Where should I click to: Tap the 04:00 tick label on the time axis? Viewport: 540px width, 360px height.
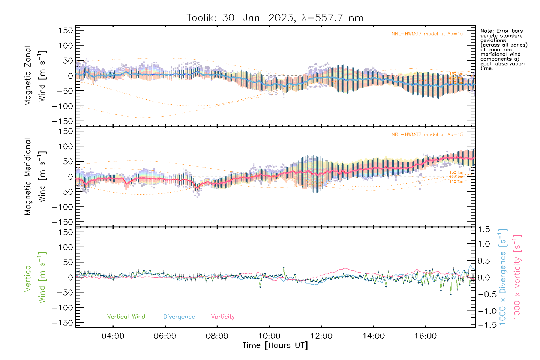(113, 336)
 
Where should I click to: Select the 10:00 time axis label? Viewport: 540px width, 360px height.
(269, 336)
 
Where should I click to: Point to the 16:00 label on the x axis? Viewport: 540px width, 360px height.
(425, 336)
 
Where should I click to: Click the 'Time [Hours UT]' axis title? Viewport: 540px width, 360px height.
(275, 345)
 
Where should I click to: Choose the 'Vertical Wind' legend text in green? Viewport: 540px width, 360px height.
(126, 316)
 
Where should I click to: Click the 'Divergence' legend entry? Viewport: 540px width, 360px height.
(179, 316)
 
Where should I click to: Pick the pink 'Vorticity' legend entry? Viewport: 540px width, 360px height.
(223, 316)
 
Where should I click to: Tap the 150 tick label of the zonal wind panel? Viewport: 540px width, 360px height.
(66, 30)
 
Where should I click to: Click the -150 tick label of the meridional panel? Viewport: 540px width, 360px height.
(62, 222)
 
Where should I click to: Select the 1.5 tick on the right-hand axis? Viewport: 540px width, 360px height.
(484, 229)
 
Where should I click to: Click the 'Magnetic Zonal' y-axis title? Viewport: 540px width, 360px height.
(28, 76)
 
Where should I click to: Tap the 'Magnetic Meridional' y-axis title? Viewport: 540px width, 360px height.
(28, 177)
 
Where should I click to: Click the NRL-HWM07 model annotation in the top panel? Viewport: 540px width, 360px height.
(427, 34)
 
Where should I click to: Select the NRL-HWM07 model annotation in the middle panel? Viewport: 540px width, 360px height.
(427, 134)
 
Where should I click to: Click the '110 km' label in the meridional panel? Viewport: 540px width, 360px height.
(456, 181)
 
